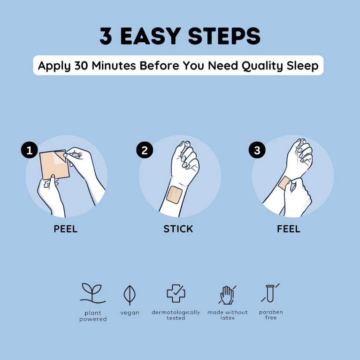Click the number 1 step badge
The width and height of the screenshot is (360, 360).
pos(30,150)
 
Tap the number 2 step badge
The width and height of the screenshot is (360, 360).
pos(145,150)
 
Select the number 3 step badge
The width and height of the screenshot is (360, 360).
pos(257,150)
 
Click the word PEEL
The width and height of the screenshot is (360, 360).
pos(66,229)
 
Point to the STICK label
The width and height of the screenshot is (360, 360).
pos(178,229)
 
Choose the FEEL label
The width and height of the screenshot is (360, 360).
pos(289,229)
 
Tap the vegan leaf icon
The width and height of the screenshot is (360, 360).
pos(130,295)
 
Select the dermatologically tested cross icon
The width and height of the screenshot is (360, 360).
pos(176,294)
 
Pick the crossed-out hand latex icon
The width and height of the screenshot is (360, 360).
pos(227,294)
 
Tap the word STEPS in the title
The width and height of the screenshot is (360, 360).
pos(225,37)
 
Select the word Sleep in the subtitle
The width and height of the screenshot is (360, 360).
pos(303,66)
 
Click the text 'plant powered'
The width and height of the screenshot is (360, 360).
pos(93,316)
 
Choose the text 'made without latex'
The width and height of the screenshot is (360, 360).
pos(228,315)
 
